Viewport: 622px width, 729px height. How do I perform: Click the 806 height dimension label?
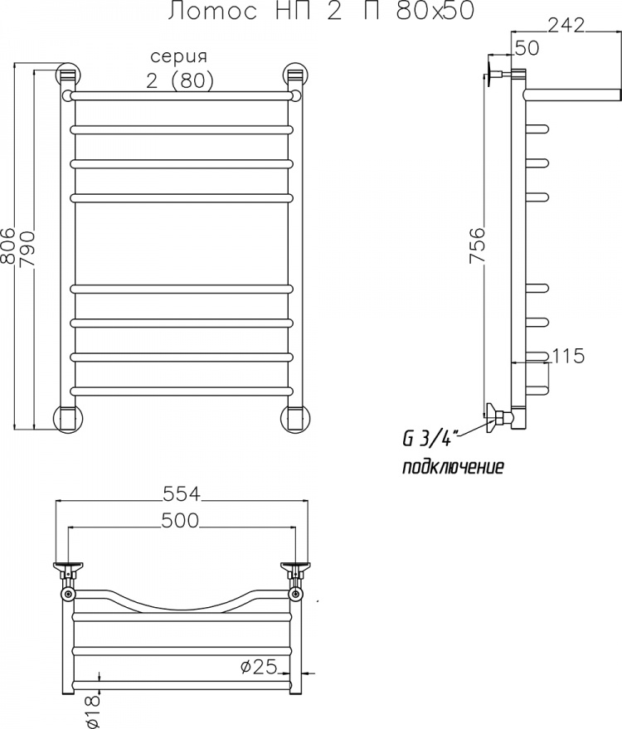click(x=8, y=246)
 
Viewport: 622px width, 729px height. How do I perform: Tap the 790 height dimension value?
click(x=28, y=249)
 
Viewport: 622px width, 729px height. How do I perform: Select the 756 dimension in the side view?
click(x=478, y=245)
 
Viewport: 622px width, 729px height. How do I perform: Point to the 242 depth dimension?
click(x=566, y=25)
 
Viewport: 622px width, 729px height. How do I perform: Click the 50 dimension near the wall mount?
click(x=527, y=48)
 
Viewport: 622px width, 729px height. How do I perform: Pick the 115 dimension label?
click(x=568, y=356)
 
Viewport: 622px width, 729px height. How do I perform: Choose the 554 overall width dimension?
click(x=182, y=493)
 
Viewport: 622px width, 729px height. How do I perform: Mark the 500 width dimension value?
click(x=180, y=521)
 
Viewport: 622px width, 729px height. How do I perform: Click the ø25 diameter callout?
click(x=259, y=667)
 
